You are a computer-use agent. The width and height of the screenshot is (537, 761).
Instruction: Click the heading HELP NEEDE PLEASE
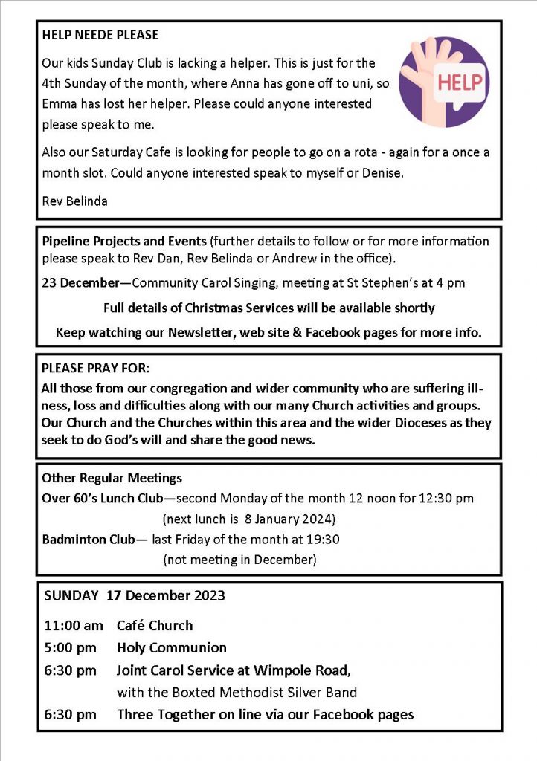pos(100,35)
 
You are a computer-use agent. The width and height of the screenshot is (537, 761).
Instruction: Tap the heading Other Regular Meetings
pos(112,478)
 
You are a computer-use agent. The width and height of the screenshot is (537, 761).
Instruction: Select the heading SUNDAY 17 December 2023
pos(135,595)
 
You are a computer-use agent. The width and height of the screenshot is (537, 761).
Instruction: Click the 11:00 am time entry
pos(73,625)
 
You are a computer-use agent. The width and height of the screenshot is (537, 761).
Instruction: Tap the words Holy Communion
pos(172,647)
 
